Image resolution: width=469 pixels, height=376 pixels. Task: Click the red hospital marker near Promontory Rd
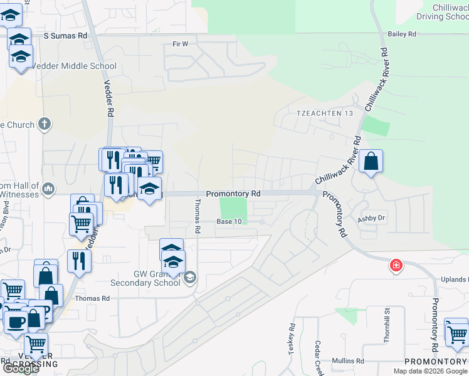pyautogui.click(x=396, y=266)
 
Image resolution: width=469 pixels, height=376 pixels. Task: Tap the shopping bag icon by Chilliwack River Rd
pyautogui.click(x=371, y=162)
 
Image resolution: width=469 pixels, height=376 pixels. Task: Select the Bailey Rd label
pyautogui.click(x=403, y=34)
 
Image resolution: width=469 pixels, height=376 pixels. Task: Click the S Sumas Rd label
pyautogui.click(x=65, y=36)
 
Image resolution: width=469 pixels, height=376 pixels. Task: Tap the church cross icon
pyautogui.click(x=44, y=123)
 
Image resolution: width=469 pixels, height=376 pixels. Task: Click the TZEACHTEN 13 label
pyautogui.click(x=320, y=113)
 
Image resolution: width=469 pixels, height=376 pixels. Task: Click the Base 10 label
pyautogui.click(x=229, y=222)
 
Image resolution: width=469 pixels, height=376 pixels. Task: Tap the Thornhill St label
pyautogui.click(x=387, y=329)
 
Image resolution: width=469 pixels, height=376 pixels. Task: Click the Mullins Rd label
pyautogui.click(x=349, y=361)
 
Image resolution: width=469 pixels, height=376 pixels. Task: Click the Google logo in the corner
pyautogui.click(x=20, y=368)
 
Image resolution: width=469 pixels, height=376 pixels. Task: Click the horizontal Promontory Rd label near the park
pyautogui.click(x=233, y=194)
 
